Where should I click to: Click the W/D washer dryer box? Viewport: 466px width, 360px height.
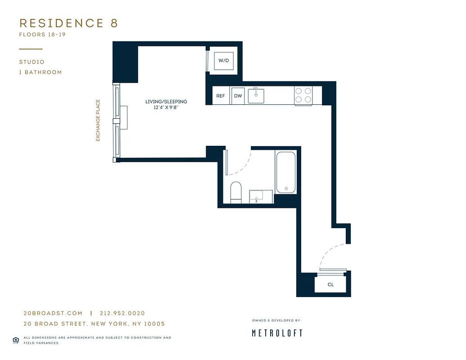click(x=223, y=60)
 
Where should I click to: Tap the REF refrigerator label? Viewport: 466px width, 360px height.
click(x=221, y=96)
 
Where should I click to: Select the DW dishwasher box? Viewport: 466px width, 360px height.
click(x=238, y=96)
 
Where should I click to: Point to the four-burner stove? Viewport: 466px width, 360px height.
click(x=303, y=95)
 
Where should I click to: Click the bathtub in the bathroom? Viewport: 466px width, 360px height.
click(x=286, y=172)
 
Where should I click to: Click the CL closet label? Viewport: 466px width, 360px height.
click(x=330, y=284)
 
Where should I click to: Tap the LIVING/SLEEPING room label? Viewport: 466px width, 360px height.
click(x=166, y=102)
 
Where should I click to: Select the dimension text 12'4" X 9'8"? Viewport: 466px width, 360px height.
click(x=166, y=108)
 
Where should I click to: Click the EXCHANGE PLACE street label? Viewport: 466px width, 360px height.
click(x=98, y=120)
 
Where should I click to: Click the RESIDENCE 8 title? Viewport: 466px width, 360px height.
click(x=68, y=23)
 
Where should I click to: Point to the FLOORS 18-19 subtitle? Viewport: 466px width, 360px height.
click(x=42, y=35)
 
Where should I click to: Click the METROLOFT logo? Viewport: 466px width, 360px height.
click(x=276, y=333)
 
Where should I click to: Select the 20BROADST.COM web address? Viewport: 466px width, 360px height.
click(x=53, y=313)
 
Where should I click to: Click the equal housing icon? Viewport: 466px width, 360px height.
click(x=16, y=340)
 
